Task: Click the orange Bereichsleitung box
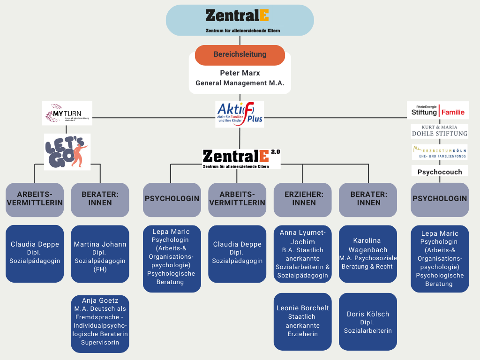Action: click(x=240, y=55)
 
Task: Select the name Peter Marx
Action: click(x=240, y=73)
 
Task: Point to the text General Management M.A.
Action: click(x=240, y=83)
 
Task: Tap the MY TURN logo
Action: click(x=67, y=113)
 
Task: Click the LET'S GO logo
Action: click(x=67, y=152)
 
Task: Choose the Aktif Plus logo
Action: click(x=240, y=114)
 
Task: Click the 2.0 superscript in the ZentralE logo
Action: click(x=275, y=152)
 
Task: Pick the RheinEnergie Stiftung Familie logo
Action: click(x=438, y=110)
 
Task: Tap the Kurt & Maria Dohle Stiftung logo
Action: click(x=439, y=131)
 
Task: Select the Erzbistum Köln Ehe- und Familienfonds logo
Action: click(x=439, y=151)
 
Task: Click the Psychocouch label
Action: click(x=440, y=172)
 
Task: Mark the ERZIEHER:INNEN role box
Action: click(x=303, y=199)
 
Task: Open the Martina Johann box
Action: click(x=100, y=254)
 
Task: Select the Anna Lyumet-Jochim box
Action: click(x=303, y=254)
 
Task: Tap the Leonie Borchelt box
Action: click(x=303, y=322)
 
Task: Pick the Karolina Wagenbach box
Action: click(x=368, y=254)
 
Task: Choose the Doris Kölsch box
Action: click(x=368, y=322)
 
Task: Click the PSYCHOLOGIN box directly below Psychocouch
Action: click(x=440, y=199)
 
